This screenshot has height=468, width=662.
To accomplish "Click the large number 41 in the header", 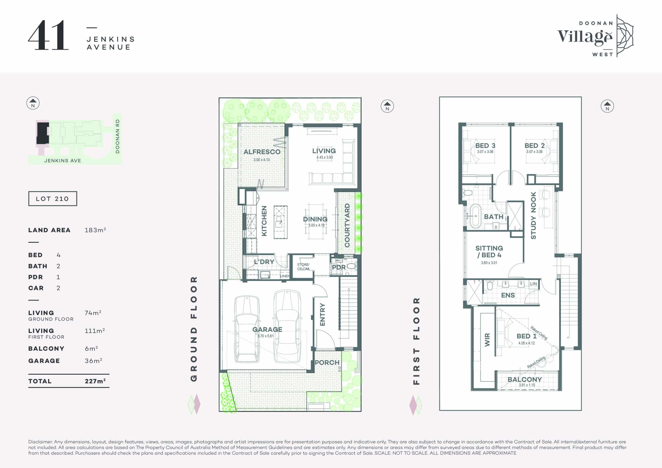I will pyautogui.click(x=48, y=36).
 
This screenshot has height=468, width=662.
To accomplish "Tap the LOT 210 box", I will pyautogui.click(x=52, y=198).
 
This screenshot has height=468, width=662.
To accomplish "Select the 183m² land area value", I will pyautogui.click(x=95, y=230).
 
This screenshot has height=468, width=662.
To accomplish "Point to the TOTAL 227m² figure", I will pyautogui.click(x=95, y=381).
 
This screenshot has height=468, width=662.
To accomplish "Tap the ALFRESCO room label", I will pyautogui.click(x=262, y=152).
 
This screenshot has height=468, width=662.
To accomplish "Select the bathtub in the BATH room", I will pyautogui.click(x=474, y=216).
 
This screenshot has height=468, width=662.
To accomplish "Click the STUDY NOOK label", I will pyautogui.click(x=533, y=215).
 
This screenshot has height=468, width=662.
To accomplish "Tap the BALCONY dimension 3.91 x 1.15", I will pyautogui.click(x=527, y=385).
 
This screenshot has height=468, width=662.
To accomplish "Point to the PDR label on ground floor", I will pyautogui.click(x=338, y=267).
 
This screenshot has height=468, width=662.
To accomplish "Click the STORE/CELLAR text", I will pyautogui.click(x=303, y=267).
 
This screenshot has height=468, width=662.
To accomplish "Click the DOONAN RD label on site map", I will pyautogui.click(x=117, y=136).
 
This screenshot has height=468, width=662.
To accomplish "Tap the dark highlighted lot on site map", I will pyautogui.click(x=43, y=133).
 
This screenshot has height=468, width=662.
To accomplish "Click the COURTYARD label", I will pyautogui.click(x=347, y=225).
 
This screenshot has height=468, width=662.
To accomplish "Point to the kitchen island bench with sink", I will pyautogui.click(x=280, y=222).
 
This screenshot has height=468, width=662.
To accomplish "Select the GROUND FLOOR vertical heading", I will pyautogui.click(x=194, y=329).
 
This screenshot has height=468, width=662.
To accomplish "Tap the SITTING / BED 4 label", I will pyautogui.click(x=489, y=252).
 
